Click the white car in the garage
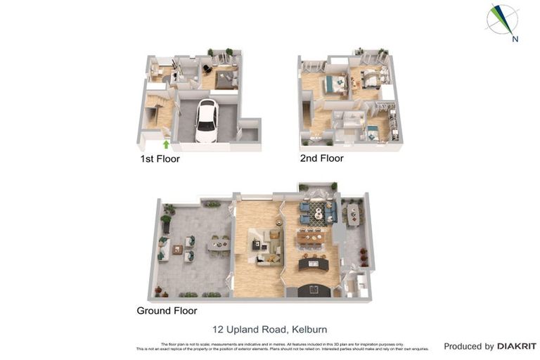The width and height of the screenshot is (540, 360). click(206, 120)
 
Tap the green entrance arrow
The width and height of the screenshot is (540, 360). click(166, 145)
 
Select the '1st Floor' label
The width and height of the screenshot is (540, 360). click(160, 159)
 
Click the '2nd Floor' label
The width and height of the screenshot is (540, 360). click(321, 158)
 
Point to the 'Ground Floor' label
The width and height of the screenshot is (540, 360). click(167, 310)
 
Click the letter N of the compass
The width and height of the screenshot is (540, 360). click(515, 39)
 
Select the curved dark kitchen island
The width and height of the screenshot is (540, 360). click(314, 264)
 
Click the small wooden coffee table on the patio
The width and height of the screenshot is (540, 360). click(178, 249)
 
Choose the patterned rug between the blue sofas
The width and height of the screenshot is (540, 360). click(319, 213)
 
